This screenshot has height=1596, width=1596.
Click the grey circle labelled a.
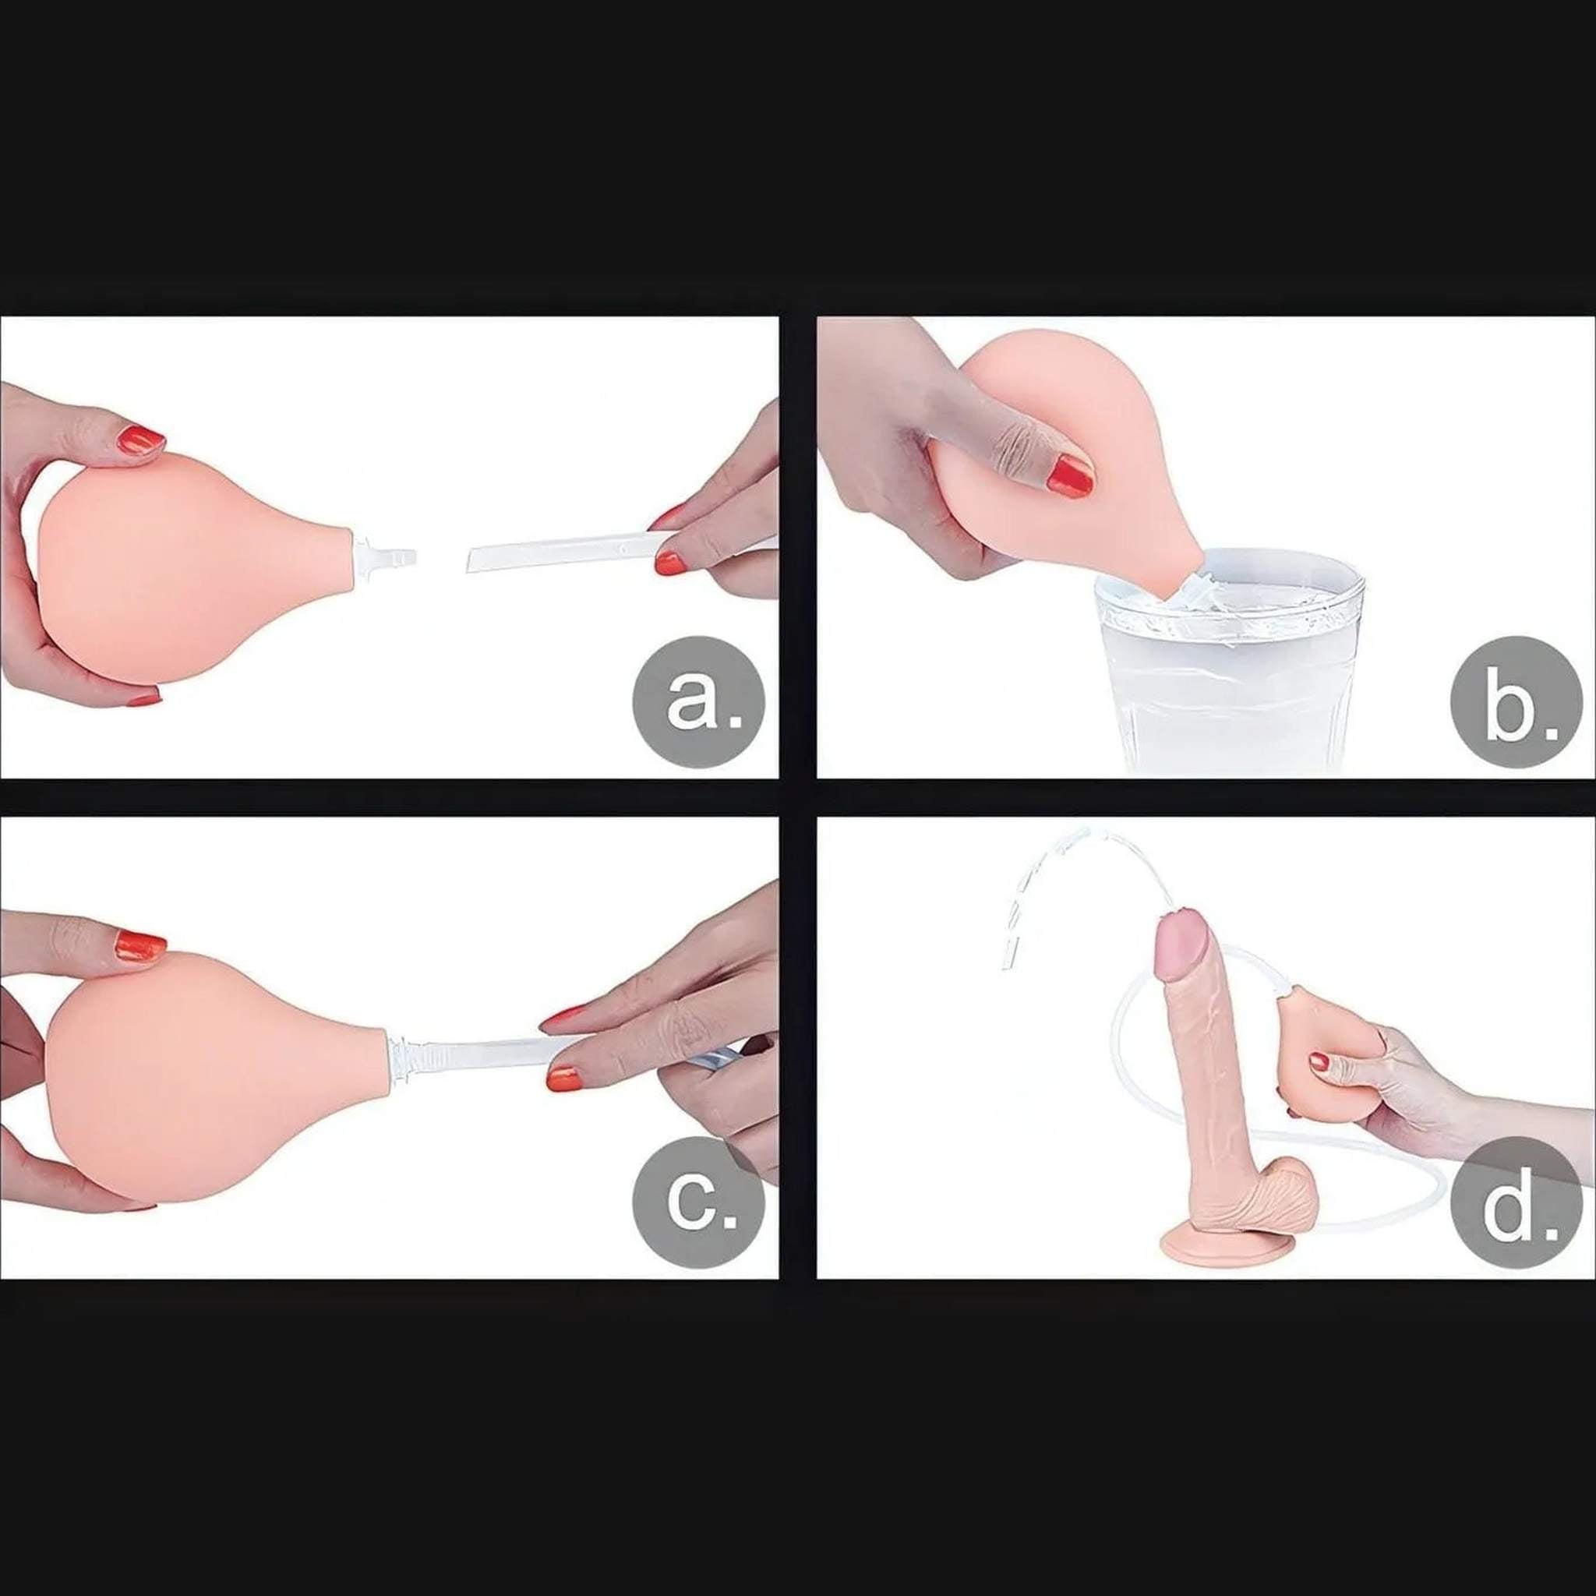(x=699, y=701)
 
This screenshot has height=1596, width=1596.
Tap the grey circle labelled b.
(x=1517, y=701)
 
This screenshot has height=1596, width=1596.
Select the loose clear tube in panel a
(x=620, y=551)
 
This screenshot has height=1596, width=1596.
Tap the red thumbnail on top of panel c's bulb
(x=140, y=945)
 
